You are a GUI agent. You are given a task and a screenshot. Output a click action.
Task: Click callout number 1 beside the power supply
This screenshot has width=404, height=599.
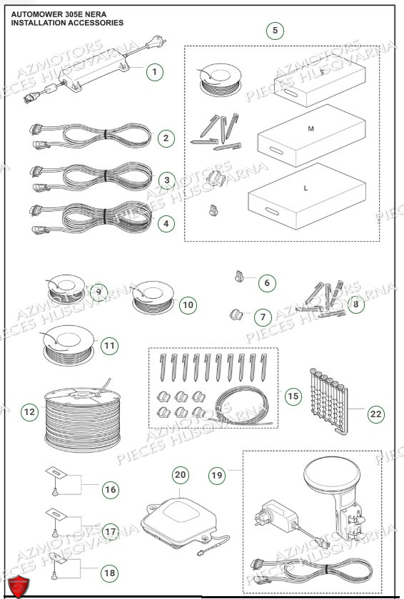click(156, 71)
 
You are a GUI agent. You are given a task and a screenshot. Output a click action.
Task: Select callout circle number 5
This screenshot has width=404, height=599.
click(275, 31)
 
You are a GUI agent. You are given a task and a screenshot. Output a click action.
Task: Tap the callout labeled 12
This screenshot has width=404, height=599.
click(29, 411)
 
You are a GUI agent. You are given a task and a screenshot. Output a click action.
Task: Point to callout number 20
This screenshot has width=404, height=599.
click(180, 474)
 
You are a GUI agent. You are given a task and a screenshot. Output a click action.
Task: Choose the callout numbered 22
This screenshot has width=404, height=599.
click(375, 413)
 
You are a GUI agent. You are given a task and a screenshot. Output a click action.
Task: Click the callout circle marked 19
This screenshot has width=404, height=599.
click(218, 473)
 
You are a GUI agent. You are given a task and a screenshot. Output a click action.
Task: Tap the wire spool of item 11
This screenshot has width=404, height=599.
click(66, 344)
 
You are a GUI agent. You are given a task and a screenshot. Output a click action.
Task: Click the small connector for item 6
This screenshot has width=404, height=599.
click(240, 277)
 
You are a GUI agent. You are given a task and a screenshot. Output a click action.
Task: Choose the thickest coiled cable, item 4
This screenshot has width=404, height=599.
click(93, 216)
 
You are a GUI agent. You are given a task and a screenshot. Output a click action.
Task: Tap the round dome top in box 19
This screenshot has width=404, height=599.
click(330, 474)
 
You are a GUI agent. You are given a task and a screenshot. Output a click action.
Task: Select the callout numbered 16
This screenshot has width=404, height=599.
click(110, 489)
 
